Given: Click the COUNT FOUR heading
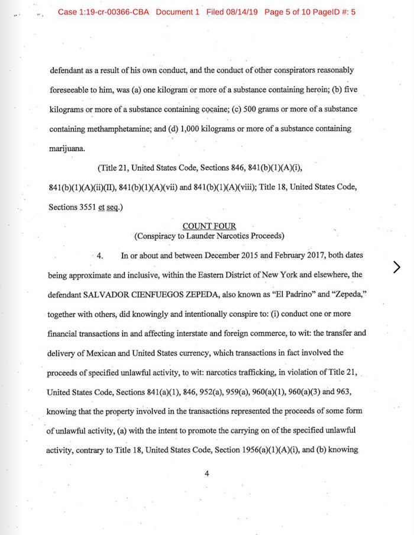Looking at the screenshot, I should pyautogui.click(x=209, y=226).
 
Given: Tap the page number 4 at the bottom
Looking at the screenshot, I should pyautogui.click(x=207, y=473).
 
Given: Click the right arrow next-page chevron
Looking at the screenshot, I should pyautogui.click(x=396, y=267).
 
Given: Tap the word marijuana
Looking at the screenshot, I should pyautogui.click(x=67, y=148).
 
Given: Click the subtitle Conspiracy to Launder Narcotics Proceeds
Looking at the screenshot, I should pyautogui.click(x=209, y=236).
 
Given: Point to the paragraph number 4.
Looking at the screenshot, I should pyautogui.click(x=100, y=256).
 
